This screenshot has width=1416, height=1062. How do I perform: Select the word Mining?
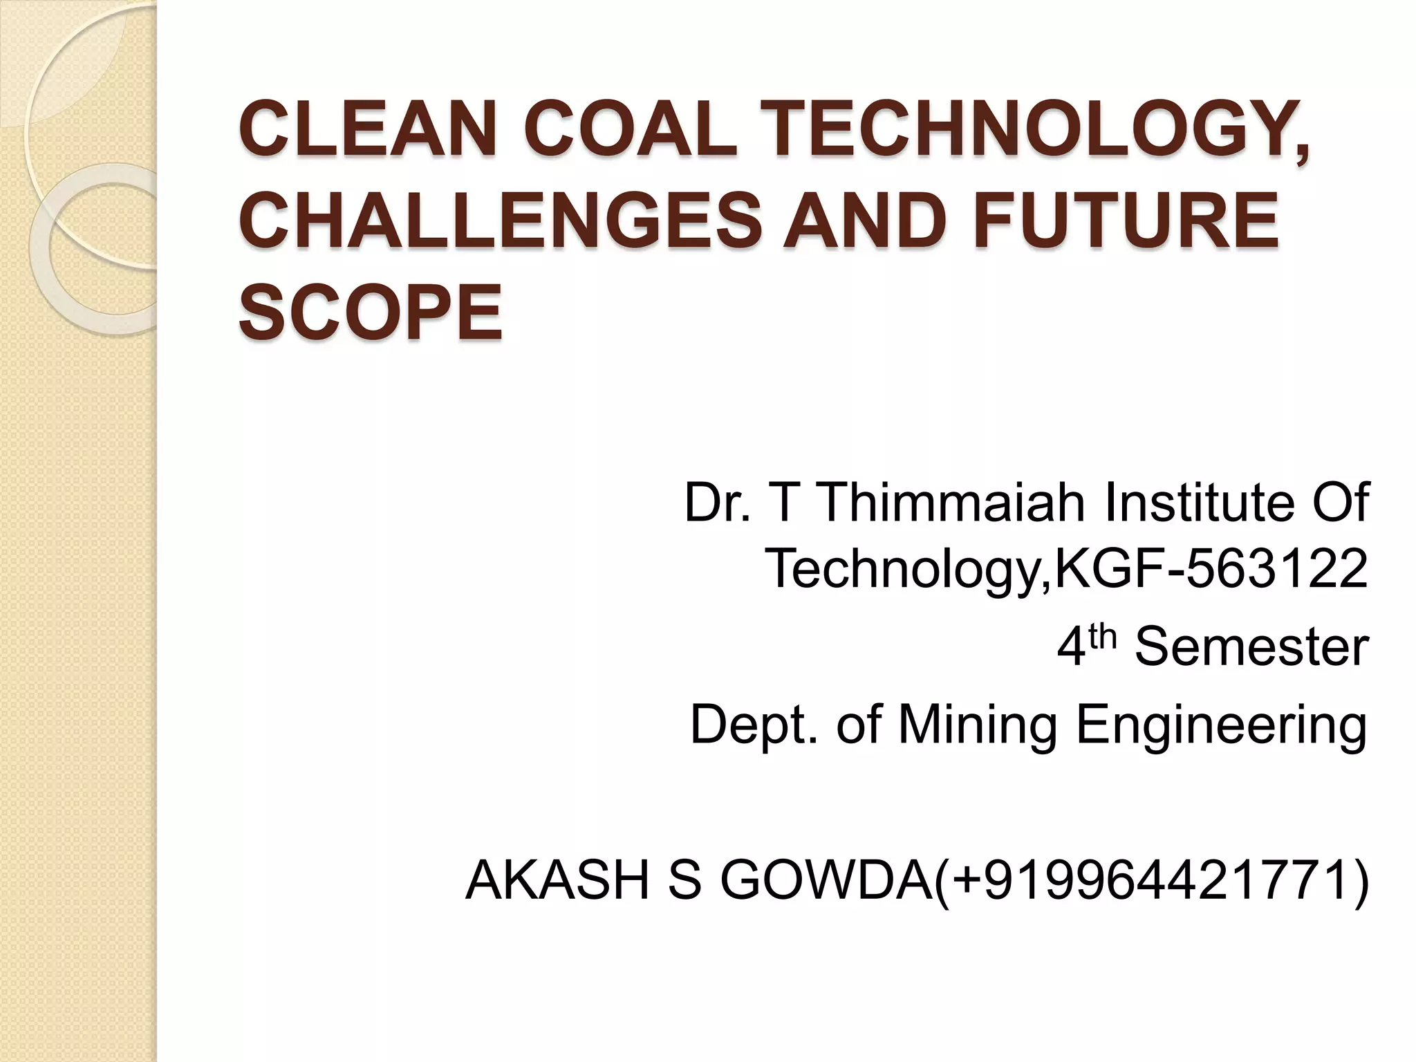coord(976,725)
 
